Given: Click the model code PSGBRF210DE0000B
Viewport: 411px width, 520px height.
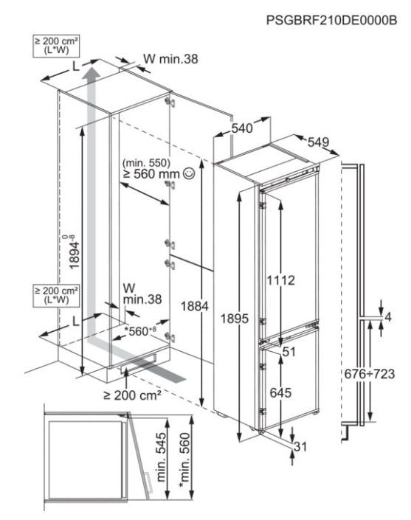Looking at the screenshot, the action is click(x=331, y=20).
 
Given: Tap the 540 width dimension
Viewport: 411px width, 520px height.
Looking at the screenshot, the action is click(x=242, y=128).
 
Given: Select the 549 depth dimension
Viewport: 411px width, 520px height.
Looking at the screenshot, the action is click(x=318, y=142).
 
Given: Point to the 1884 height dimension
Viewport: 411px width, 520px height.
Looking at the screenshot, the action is click(x=194, y=306).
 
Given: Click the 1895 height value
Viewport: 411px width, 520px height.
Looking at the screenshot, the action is click(x=234, y=319).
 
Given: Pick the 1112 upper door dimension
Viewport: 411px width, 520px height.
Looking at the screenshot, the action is click(x=281, y=280).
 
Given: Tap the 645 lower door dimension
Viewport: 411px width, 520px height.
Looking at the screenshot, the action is click(x=280, y=393).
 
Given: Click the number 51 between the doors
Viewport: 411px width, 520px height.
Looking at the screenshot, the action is click(x=289, y=352).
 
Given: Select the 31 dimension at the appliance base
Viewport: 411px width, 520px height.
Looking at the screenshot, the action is click(x=300, y=447).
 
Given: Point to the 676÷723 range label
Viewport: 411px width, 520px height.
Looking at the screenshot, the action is click(x=370, y=374).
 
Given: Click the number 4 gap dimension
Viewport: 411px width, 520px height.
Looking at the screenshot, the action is click(x=388, y=317).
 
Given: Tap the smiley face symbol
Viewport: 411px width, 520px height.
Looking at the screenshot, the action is click(x=190, y=173).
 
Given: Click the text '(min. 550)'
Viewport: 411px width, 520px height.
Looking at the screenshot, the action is click(x=146, y=163).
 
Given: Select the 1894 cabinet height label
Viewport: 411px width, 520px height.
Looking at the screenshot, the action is click(x=74, y=252).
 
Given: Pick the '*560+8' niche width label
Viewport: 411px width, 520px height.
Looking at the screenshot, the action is click(x=139, y=331).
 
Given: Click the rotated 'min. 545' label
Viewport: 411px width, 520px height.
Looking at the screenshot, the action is click(x=161, y=457).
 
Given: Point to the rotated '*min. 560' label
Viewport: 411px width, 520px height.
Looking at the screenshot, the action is click(x=184, y=460).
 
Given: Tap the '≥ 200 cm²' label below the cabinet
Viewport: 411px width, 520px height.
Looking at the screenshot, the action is click(x=132, y=395).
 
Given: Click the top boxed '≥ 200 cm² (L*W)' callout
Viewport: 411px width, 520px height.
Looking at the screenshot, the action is click(x=56, y=46).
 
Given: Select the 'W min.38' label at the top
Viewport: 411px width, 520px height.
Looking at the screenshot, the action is click(x=170, y=59).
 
